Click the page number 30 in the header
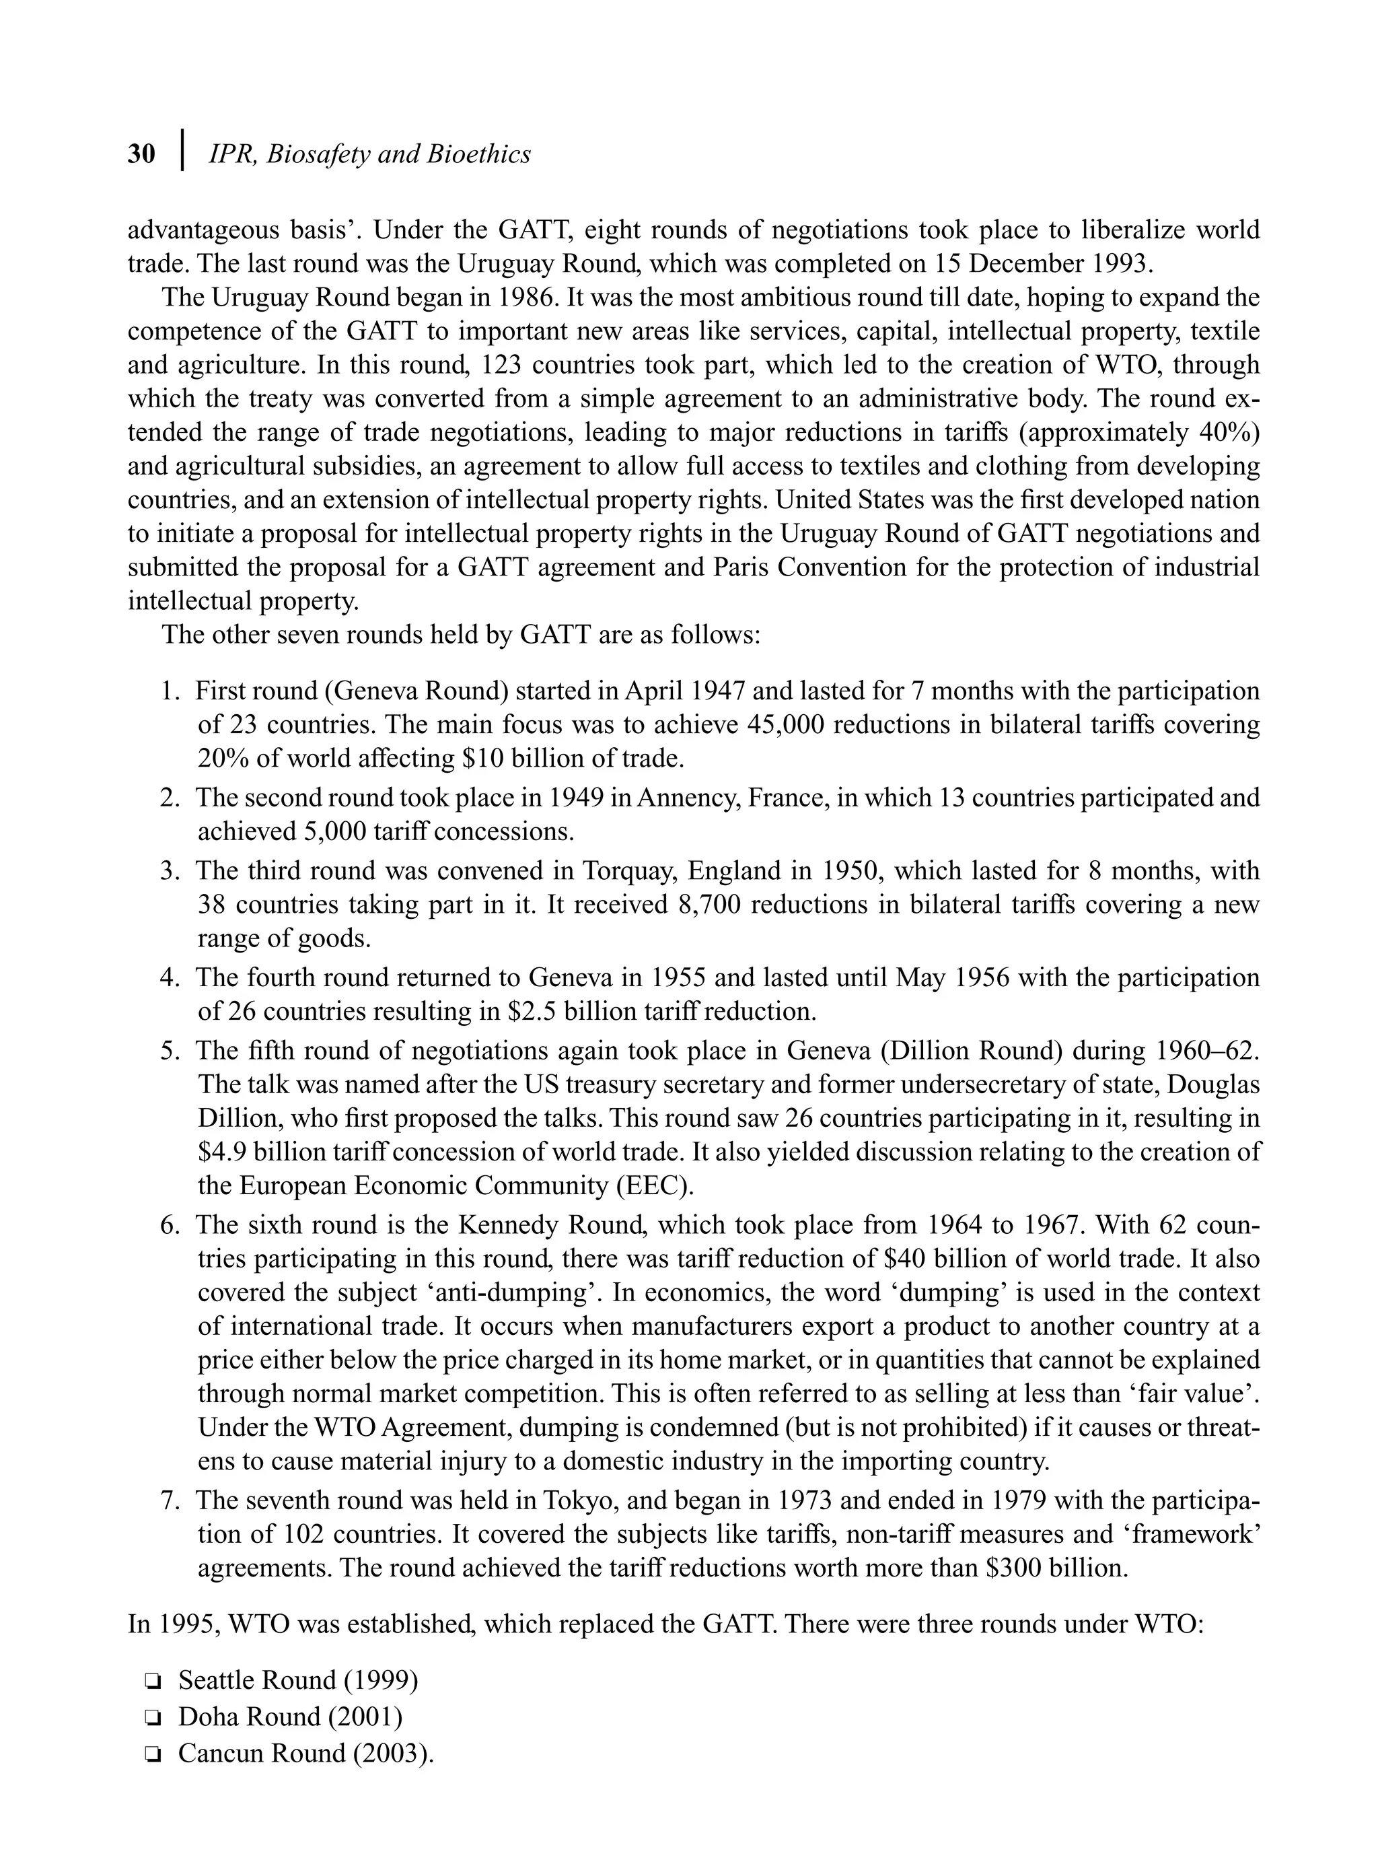pos(141,154)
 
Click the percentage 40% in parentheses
pos(1223,432)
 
